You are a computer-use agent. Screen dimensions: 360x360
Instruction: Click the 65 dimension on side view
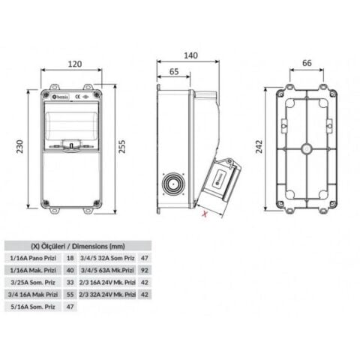[175, 73]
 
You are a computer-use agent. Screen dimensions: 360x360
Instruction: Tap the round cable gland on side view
[175, 183]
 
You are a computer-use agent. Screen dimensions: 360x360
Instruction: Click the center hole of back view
[306, 148]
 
